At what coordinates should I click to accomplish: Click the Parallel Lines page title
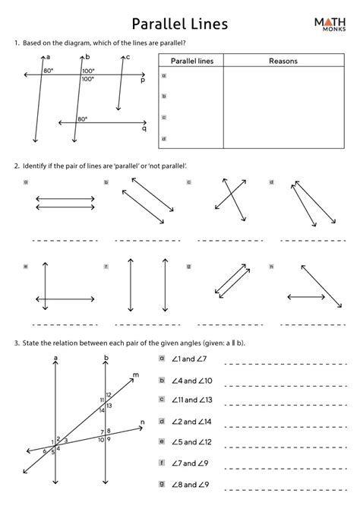(179, 26)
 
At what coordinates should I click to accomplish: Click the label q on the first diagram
(144, 128)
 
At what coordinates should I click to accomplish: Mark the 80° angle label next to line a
(49, 71)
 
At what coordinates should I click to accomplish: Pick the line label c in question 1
(128, 57)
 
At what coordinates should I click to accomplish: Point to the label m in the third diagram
(135, 375)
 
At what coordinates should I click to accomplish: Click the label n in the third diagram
(142, 422)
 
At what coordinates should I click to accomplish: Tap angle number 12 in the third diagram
(109, 394)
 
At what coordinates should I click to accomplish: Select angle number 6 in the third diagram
(45, 451)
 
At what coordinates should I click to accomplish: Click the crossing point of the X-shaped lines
(229, 199)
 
